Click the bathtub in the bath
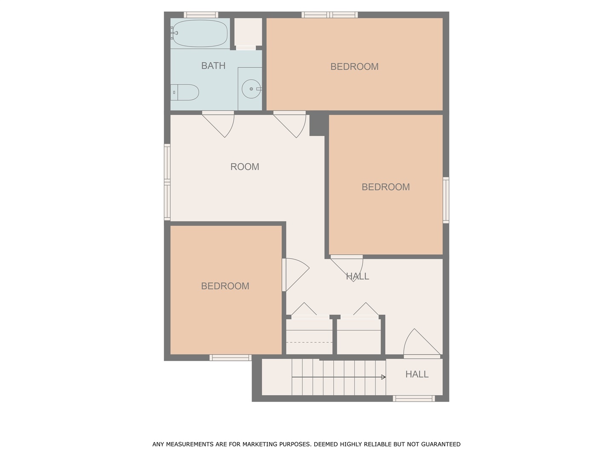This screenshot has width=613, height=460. (200, 33)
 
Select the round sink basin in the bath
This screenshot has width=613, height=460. (251, 89)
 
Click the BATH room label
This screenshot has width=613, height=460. (213, 66)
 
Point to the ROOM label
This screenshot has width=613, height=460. (245, 167)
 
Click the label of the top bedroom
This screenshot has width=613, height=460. (354, 66)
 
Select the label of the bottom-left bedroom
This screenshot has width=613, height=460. (225, 286)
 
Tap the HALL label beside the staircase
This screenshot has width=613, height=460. (417, 374)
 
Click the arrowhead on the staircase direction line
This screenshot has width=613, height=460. (384, 377)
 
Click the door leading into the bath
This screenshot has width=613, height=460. (219, 124)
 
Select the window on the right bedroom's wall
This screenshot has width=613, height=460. (446, 200)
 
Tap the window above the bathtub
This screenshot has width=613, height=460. (201, 15)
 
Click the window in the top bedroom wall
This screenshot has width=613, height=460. (330, 15)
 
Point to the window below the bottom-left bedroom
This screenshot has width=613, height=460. (230, 357)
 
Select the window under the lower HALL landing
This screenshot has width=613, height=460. (414, 399)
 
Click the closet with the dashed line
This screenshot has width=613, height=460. (309, 336)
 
